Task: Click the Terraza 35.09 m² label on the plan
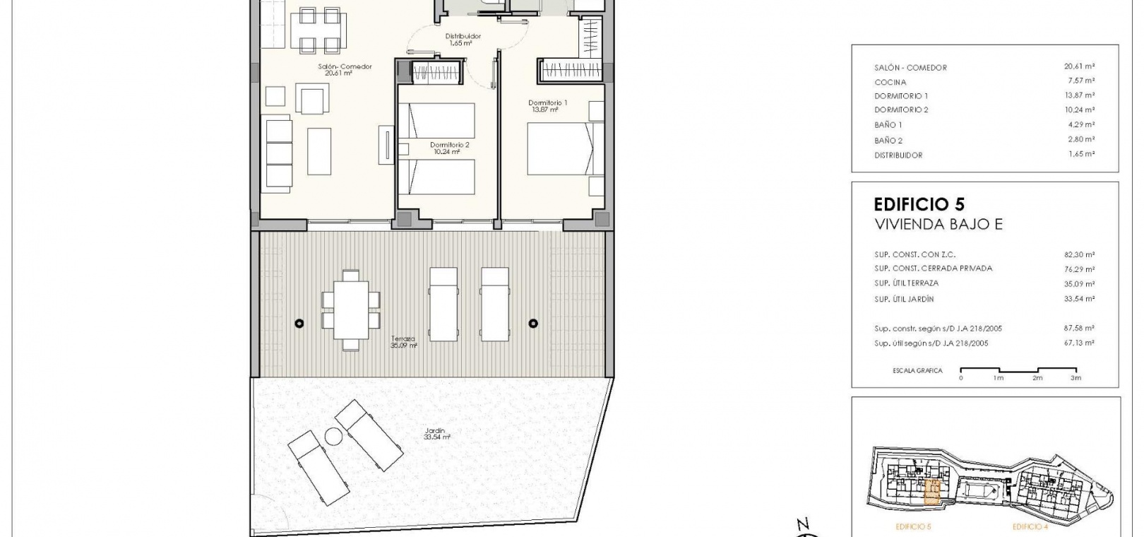pyautogui.click(x=403, y=342)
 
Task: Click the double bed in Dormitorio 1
pyautogui.click(x=560, y=148)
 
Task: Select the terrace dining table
pyautogui.click(x=351, y=309)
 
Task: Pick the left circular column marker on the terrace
pyautogui.click(x=299, y=324)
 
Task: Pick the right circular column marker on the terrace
pyautogui.click(x=533, y=323)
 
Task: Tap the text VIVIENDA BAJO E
pyautogui.click(x=939, y=224)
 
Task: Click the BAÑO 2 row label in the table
pyautogui.click(x=888, y=140)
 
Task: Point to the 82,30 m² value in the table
pyautogui.click(x=1079, y=254)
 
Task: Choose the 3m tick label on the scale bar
pyautogui.click(x=1076, y=378)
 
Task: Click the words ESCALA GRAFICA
pyautogui.click(x=917, y=370)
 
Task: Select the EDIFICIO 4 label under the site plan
pyautogui.click(x=1030, y=527)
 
